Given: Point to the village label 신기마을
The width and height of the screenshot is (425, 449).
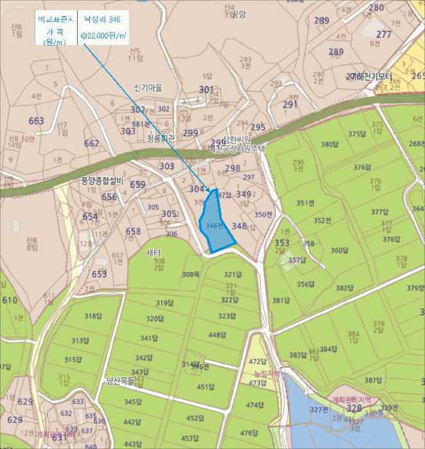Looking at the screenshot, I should click(x=148, y=87).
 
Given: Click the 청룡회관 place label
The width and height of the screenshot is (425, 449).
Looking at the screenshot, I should click(x=161, y=138).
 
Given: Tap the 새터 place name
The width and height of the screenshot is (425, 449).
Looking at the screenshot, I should click(x=153, y=252).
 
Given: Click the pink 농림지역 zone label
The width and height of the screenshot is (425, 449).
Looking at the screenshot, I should click(x=267, y=373).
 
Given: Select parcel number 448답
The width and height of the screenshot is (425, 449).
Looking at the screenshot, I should click(x=218, y=335).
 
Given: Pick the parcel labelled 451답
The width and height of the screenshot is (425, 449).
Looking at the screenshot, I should click(x=205, y=387).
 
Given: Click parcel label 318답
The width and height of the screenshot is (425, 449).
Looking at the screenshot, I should click(x=93, y=316).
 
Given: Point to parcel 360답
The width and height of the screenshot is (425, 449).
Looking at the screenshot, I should click(x=340, y=250).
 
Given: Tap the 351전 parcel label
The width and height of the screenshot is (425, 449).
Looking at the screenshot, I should click(x=306, y=203).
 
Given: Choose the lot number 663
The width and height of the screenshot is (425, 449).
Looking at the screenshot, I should click(x=37, y=121).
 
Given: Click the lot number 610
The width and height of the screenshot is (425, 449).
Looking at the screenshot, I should click(x=10, y=300).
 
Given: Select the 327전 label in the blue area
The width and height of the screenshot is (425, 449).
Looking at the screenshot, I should click(x=319, y=409).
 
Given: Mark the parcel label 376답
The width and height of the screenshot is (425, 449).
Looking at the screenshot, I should click(x=363, y=167).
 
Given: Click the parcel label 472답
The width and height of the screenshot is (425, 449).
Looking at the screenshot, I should click(x=257, y=362).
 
